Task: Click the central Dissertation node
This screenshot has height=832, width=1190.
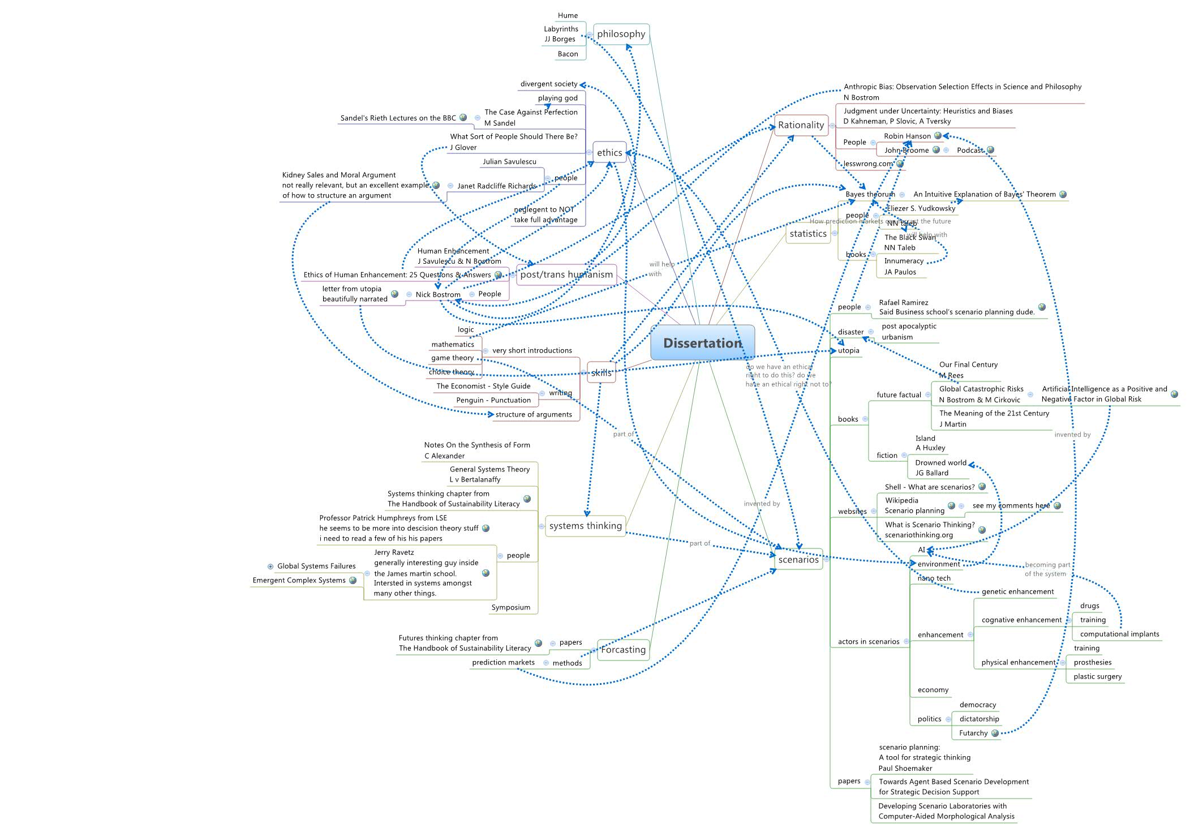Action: pos(702,343)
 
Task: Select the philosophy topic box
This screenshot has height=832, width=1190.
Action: pos(621,34)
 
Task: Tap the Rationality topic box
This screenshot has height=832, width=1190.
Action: pos(801,125)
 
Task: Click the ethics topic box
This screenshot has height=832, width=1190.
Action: pos(609,153)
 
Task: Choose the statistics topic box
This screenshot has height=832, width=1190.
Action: pos(808,234)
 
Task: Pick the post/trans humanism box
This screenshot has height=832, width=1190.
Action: pos(566,275)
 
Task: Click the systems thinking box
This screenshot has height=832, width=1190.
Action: pos(585,526)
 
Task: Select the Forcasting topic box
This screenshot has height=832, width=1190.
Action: pos(623,650)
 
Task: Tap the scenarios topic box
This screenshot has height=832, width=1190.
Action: pos(798,560)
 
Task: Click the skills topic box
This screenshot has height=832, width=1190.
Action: pos(601,372)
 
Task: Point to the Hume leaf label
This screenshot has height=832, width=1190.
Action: pos(568,15)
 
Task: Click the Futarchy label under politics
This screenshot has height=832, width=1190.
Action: pos(973,733)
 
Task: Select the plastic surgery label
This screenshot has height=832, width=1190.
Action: pos(1097,676)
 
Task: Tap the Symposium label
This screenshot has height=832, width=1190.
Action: pos(510,607)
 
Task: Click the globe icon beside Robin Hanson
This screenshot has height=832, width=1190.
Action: pos(938,136)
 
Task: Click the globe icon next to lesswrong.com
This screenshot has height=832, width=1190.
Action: pos(900,164)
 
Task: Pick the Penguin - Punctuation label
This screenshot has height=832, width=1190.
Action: pos(493,400)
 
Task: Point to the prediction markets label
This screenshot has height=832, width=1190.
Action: pos(503,662)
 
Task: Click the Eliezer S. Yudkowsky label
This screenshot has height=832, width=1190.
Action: pos(921,208)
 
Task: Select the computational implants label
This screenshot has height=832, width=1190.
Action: pos(1119,634)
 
